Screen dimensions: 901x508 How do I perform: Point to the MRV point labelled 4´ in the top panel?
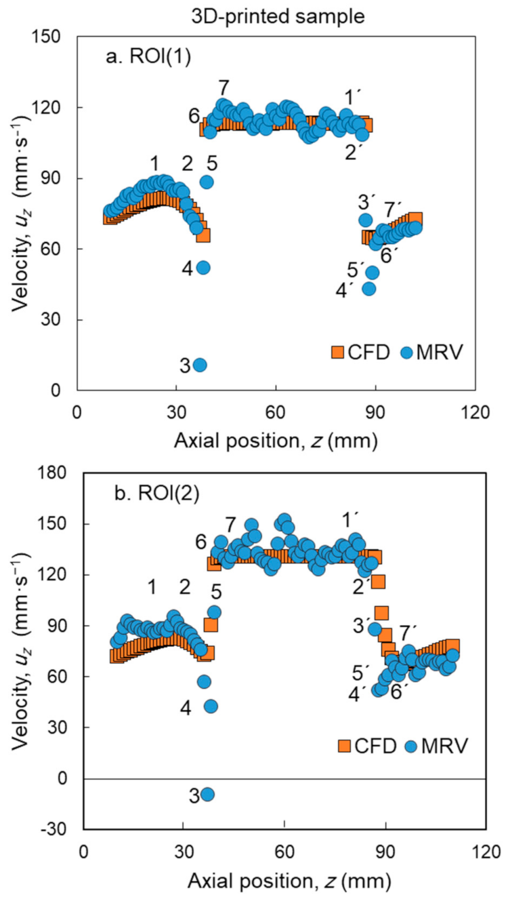pyautogui.click(x=368, y=288)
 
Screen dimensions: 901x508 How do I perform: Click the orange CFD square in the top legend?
pyautogui.click(x=338, y=352)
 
